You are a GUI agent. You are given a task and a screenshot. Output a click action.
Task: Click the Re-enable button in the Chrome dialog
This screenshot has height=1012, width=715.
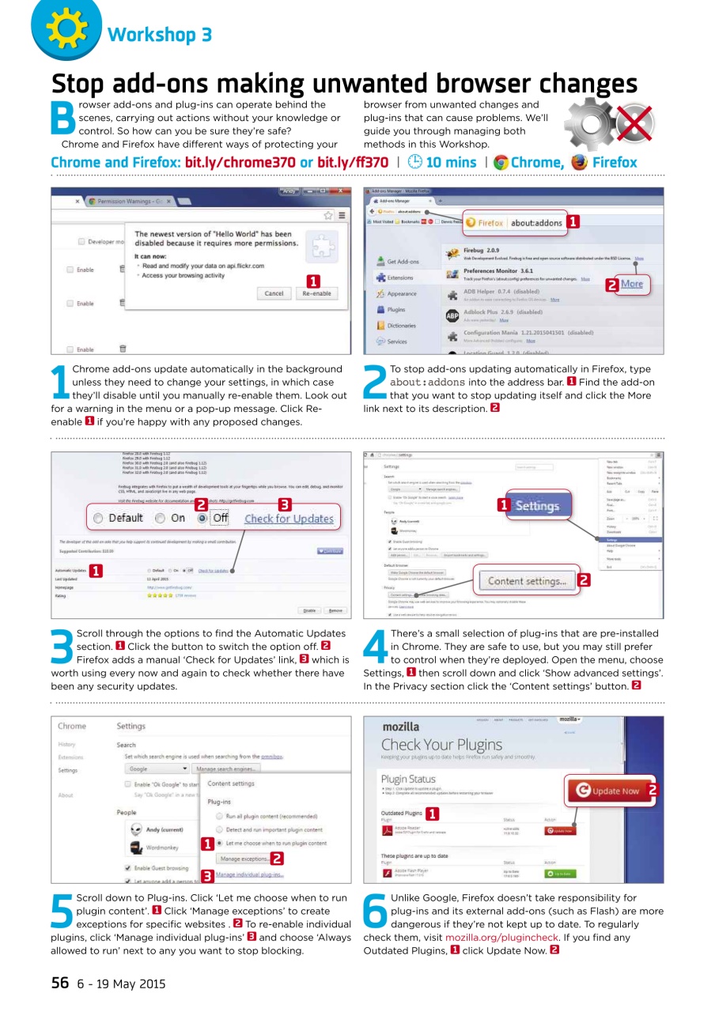point(316,293)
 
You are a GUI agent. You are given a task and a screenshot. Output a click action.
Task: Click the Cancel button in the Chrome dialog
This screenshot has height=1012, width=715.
point(274,293)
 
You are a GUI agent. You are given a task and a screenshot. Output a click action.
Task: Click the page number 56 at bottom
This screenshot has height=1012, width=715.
point(60,984)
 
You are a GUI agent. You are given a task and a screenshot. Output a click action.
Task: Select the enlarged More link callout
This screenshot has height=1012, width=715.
point(631,285)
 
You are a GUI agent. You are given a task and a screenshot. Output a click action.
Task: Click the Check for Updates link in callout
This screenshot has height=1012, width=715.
point(289,519)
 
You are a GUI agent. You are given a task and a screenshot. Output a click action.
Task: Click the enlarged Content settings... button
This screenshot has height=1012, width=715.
point(527,581)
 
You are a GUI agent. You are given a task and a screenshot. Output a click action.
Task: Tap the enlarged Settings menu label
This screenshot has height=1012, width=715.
point(537,506)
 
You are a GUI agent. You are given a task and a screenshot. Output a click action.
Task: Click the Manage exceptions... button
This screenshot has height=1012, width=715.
point(244,859)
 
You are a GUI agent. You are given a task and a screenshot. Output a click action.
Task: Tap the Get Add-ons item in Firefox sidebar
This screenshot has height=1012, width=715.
point(402,261)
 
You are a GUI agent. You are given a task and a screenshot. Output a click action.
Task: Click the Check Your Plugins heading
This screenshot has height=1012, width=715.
point(441,745)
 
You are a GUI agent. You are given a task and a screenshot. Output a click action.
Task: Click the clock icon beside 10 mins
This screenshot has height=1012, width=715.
point(415,163)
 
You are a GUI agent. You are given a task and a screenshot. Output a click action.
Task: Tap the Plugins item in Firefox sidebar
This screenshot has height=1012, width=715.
point(395,310)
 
